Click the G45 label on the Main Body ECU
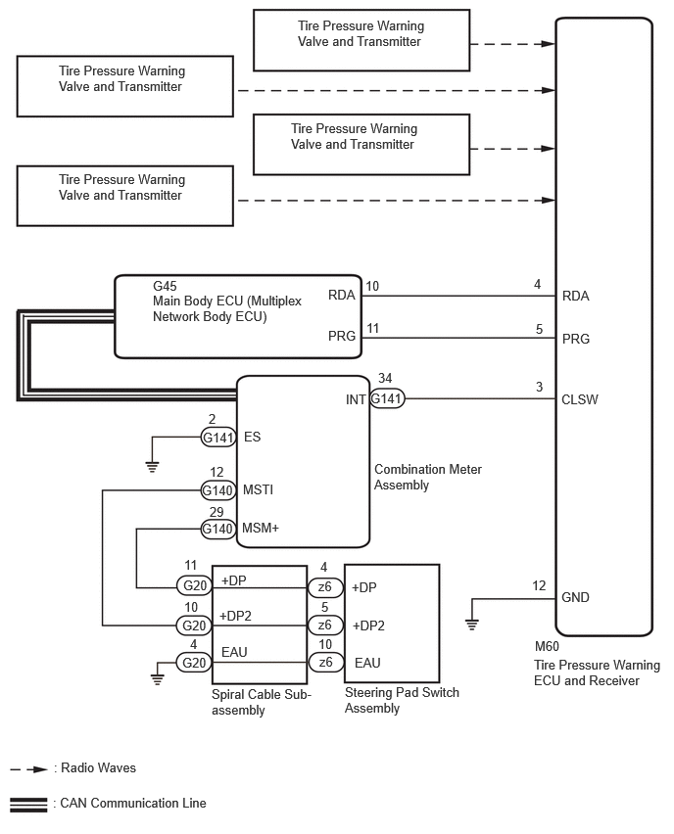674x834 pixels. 165,287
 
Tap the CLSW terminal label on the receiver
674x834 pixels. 580,399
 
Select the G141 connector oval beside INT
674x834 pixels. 387,399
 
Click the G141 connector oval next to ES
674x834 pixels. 217,438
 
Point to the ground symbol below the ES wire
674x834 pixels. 152,466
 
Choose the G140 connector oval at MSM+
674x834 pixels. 217,530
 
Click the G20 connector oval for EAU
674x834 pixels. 191,663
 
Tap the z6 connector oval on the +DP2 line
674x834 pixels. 323,625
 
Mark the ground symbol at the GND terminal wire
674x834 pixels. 471,624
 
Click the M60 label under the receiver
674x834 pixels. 547,647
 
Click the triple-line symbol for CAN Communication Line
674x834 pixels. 28,805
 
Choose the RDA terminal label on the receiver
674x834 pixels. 576,296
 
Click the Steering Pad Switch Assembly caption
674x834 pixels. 402,700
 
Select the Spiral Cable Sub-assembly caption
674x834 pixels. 261,702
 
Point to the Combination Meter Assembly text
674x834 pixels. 427,477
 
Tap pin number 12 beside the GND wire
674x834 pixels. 539,586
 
